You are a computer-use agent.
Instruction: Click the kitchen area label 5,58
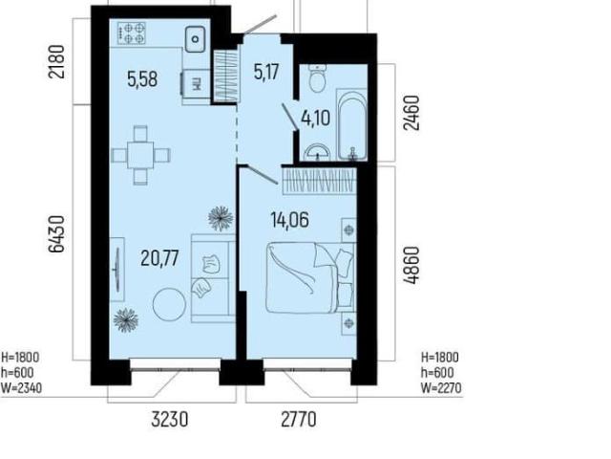click(x=142, y=79)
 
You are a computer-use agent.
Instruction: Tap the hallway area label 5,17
click(x=266, y=72)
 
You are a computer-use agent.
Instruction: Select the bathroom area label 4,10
click(x=316, y=118)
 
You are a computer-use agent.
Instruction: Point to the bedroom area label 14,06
click(x=290, y=220)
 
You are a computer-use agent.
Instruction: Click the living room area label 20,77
click(x=159, y=258)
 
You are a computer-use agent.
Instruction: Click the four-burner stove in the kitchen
click(x=132, y=33)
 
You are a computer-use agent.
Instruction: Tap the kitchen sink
click(x=195, y=39)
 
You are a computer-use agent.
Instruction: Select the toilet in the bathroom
click(x=317, y=78)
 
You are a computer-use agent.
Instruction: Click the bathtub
click(x=352, y=125)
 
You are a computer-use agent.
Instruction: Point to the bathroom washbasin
click(x=318, y=153)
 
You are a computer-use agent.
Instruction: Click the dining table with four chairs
click(x=140, y=155)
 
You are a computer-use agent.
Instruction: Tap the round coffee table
click(x=169, y=304)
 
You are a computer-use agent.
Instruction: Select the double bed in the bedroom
click(x=310, y=277)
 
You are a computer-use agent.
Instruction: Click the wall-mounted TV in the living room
click(x=116, y=270)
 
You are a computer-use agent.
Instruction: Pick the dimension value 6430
click(x=56, y=234)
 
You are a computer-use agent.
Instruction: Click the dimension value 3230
click(x=170, y=420)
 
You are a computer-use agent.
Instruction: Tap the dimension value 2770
click(x=299, y=420)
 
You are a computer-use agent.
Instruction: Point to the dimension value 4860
click(x=411, y=266)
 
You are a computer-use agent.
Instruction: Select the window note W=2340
click(x=21, y=388)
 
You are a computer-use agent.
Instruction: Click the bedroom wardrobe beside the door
click(x=319, y=181)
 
